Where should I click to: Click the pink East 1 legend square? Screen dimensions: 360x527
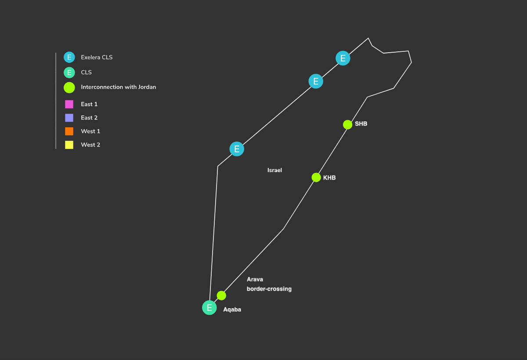[69, 104]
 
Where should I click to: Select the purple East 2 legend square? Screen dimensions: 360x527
[69, 118]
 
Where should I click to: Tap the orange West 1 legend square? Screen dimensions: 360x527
[69, 131]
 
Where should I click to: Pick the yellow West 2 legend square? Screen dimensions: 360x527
[69, 145]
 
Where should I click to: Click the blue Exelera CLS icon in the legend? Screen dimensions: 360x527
[69, 57]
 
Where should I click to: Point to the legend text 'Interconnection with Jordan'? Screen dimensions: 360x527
[118, 87]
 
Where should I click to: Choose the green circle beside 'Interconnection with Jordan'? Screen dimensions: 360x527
[69, 87]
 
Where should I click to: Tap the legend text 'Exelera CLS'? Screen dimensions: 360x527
[97, 58]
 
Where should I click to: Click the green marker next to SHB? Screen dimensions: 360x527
[347, 125]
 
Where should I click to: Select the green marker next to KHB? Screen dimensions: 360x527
[316, 177]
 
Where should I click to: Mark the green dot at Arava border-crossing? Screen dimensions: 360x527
[221, 295]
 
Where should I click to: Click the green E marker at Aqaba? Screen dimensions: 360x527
[209, 308]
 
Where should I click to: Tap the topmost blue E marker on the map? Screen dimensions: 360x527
[343, 58]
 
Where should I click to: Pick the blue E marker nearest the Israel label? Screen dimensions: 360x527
[237, 149]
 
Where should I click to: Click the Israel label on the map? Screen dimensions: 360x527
[274, 170]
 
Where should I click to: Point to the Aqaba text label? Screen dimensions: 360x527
[232, 310]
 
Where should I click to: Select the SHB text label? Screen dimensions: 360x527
[361, 124]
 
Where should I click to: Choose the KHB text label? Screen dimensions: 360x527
[329, 178]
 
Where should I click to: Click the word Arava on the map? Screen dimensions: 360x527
[255, 279]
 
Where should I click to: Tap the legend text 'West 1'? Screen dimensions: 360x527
[90, 131]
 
